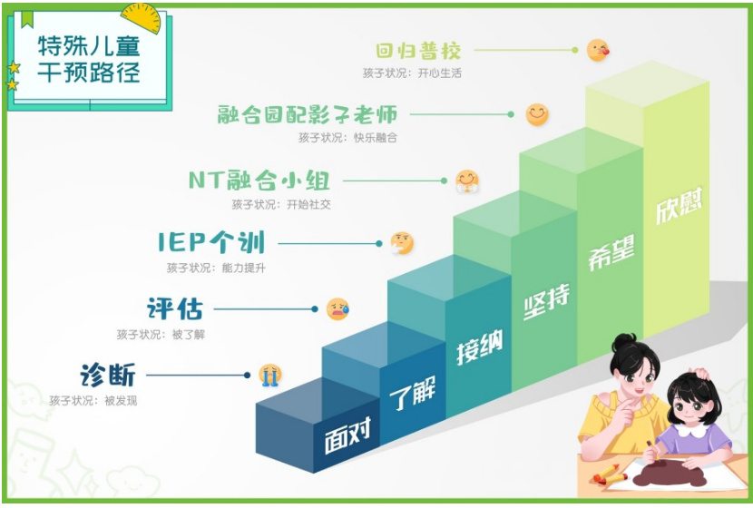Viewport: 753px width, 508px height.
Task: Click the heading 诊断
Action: pos(108,375)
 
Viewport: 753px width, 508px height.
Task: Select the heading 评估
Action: pos(175,308)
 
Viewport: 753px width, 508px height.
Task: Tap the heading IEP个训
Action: pos(211,242)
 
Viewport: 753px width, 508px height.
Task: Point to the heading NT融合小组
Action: pos(259,181)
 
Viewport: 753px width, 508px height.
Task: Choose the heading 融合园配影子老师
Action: pos(308,115)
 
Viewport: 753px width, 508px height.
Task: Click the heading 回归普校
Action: pos(418,51)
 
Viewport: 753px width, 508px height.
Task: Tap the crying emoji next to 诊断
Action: pos(269,375)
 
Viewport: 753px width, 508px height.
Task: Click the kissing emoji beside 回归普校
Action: pos(598,50)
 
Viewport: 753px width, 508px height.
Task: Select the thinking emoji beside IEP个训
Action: pos(402,243)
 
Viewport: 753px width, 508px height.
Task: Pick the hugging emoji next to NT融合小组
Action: pos(467,181)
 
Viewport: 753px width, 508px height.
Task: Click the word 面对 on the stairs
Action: pos(347,435)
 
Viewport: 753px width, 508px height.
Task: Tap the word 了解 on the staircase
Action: pos(413,392)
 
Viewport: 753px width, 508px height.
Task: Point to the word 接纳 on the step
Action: pos(479,347)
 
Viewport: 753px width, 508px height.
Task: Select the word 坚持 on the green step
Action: pos(546,301)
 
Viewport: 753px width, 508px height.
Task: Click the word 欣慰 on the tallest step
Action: pos(679,205)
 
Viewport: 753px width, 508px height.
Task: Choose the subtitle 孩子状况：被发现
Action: pos(93,400)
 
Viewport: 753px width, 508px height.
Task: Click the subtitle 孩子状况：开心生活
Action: pos(412,73)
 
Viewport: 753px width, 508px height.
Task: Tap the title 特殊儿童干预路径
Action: pos(89,60)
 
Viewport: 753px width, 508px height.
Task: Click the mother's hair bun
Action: pos(623,343)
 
